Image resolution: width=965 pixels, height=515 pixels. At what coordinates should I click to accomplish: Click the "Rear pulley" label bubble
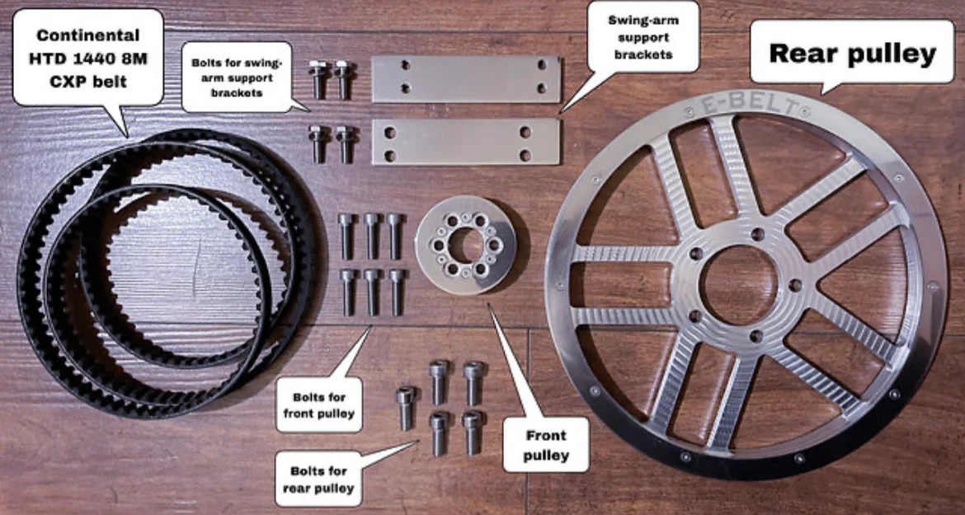852,53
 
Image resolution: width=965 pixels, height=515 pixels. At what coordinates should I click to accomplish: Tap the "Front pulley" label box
545,444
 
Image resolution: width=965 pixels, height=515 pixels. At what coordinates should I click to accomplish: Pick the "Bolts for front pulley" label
318,403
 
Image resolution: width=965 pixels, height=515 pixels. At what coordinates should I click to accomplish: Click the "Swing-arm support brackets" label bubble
643,36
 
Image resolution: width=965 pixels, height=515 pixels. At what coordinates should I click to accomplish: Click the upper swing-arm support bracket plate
466,78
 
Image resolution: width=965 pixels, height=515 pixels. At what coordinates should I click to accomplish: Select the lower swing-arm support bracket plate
466,141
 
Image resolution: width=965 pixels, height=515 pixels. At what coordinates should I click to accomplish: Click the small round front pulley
465,244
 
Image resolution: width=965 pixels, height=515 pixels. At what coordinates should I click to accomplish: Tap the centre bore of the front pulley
465,244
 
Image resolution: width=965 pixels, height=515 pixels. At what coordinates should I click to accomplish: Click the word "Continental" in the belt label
88,35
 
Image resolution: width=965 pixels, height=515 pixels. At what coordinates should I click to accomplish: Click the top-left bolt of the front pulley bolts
346,235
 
